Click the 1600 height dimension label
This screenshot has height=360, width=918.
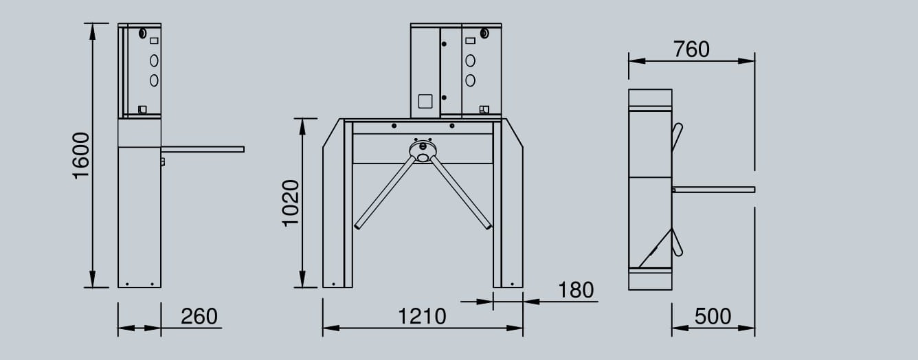point(81,156)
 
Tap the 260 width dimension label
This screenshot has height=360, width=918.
point(199,316)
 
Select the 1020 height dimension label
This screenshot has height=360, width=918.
point(291,203)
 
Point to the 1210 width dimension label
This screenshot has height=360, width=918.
point(422,316)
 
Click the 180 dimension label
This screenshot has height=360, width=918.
point(576,290)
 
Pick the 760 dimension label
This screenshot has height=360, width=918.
point(691,49)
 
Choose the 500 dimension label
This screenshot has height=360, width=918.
point(713,316)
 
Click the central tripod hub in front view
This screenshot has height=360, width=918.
point(423,150)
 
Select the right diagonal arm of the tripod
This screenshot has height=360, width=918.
point(460,192)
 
